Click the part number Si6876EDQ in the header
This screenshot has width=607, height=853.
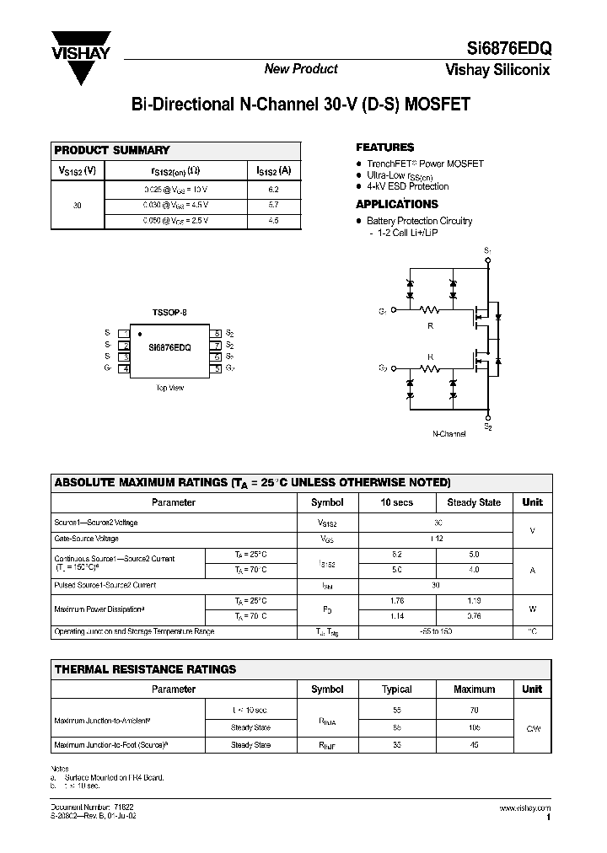click(509, 50)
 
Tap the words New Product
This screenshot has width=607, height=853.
click(301, 69)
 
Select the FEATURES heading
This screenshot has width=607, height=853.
click(384, 148)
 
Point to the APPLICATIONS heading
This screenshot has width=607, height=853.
click(396, 204)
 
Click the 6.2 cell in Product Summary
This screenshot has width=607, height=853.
click(272, 190)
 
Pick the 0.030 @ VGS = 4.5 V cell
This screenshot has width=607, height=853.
click(174, 205)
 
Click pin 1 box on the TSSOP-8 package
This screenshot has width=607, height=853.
click(124, 333)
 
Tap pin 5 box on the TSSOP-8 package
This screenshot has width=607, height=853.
click(217, 369)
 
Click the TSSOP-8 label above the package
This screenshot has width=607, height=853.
click(169, 312)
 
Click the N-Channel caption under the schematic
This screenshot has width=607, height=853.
click(449, 433)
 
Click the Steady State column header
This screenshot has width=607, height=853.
click(473, 502)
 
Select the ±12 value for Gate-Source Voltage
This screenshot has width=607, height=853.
click(435, 539)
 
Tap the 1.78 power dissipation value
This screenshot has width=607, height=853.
click(397, 601)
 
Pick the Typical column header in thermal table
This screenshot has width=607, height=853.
click(396, 689)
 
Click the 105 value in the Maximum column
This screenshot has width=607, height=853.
click(474, 727)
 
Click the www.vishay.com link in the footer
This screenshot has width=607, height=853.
click(526, 807)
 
